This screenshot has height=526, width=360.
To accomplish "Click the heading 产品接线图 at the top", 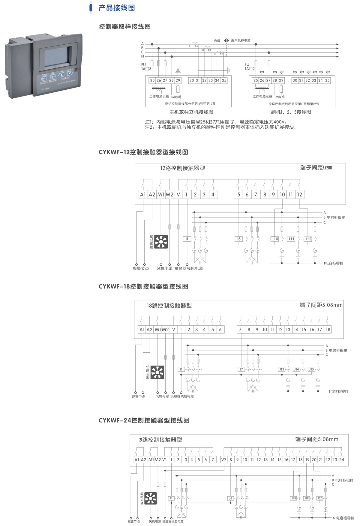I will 117,8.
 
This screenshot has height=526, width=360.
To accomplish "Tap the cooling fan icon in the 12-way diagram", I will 161,242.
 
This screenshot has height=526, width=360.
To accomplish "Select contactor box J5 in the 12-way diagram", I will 238,239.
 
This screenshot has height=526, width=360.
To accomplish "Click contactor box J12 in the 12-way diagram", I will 308,239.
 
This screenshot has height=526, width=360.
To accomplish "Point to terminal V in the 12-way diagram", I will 178,195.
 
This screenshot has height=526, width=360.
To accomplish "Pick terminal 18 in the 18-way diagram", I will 328,329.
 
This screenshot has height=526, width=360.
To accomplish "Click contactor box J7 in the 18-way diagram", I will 241,369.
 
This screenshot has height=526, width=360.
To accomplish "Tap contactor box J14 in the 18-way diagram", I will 296,369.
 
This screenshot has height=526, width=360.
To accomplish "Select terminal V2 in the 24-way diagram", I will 224,459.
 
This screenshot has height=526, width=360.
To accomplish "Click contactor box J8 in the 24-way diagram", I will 230,498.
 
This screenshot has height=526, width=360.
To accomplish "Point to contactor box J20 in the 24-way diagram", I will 320,498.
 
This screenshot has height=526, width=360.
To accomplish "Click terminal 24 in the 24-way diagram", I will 342,459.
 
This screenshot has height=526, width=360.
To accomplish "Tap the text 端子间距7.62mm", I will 316,168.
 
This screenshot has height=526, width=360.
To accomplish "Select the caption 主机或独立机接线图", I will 191,112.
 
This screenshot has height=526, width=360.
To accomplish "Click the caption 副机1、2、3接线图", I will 291,112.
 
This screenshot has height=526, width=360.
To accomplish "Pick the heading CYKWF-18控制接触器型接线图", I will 143,286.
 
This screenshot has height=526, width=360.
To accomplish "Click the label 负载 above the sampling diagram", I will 217,40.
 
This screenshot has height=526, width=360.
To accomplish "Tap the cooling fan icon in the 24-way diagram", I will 150,498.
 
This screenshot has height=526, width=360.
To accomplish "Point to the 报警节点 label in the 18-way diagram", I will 139,396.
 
